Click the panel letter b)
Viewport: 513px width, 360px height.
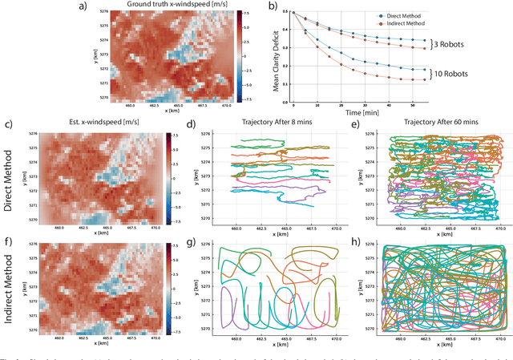pyautogui.click(x=273, y=6)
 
